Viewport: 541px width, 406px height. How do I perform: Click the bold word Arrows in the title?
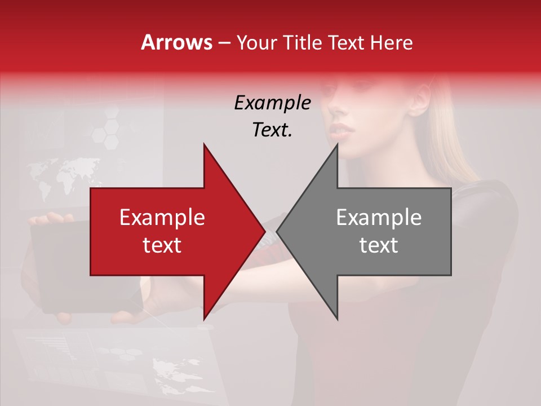coord(177,42)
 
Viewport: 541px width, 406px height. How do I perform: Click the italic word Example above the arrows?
coord(272,103)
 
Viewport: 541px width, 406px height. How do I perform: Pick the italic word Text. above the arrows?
coord(272,130)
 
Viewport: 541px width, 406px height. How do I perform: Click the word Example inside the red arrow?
coord(162,218)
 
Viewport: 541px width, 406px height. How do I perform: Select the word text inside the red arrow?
coord(162,245)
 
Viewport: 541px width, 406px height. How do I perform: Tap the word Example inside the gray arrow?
coord(379,218)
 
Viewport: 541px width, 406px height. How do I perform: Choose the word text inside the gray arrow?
coord(379,245)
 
